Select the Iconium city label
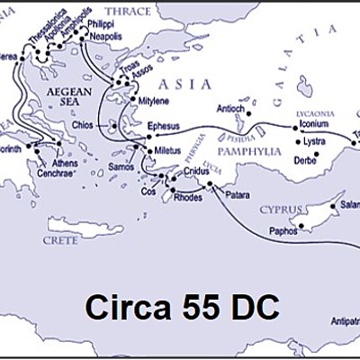coord(321,127)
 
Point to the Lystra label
coord(316,142)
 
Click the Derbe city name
coord(307,159)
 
